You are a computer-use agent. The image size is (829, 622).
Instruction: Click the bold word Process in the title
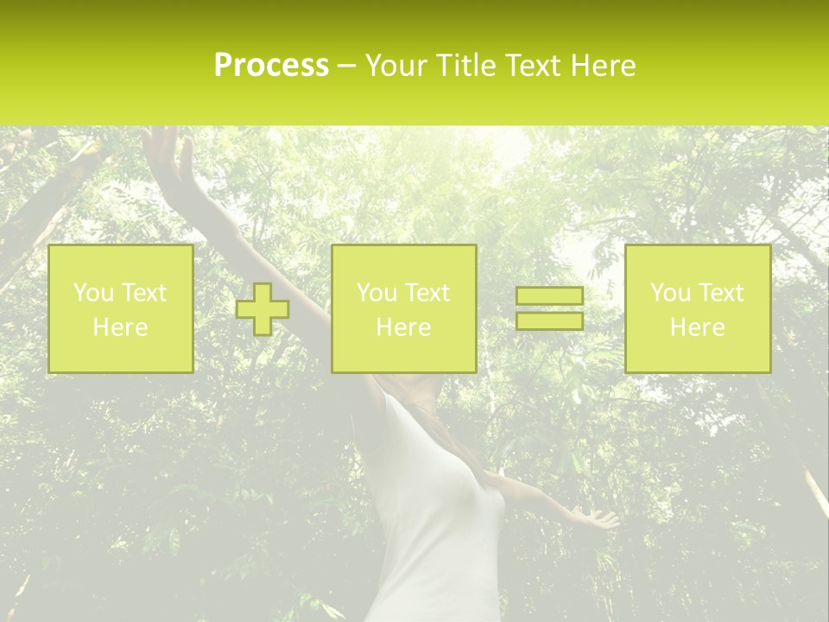pos(271,66)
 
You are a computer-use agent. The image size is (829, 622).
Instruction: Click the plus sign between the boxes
pos(263,309)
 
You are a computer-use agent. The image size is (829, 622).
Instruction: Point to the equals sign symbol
pos(549,309)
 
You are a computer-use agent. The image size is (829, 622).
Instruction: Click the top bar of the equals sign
pos(549,296)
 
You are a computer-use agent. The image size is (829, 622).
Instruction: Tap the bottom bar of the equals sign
pos(549,321)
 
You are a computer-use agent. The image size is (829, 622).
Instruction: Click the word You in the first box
pos(92,293)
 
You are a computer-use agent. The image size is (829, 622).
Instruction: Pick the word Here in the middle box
pos(403,327)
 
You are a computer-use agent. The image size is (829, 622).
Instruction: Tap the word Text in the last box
pos(721,293)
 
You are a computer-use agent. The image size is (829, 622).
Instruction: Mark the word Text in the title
pos(531,66)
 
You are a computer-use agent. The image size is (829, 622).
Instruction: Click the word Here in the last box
pos(698,327)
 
